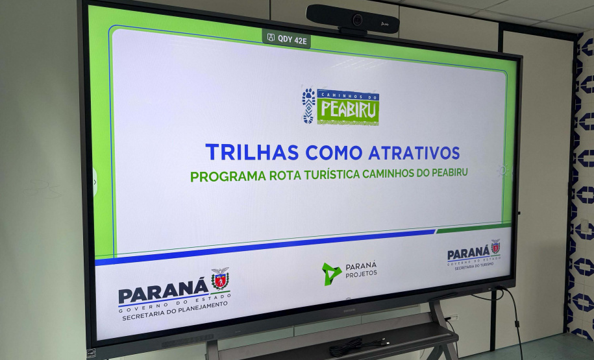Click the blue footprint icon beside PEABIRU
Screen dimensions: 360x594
pos(308,106)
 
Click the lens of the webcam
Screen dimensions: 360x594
pos(357,19)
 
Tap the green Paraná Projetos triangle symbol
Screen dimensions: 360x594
pos(332,273)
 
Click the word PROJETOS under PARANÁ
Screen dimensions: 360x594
pos(362,274)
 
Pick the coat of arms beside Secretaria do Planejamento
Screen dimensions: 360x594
pos(220,280)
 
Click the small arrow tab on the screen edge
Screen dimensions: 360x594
pos(95,182)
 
